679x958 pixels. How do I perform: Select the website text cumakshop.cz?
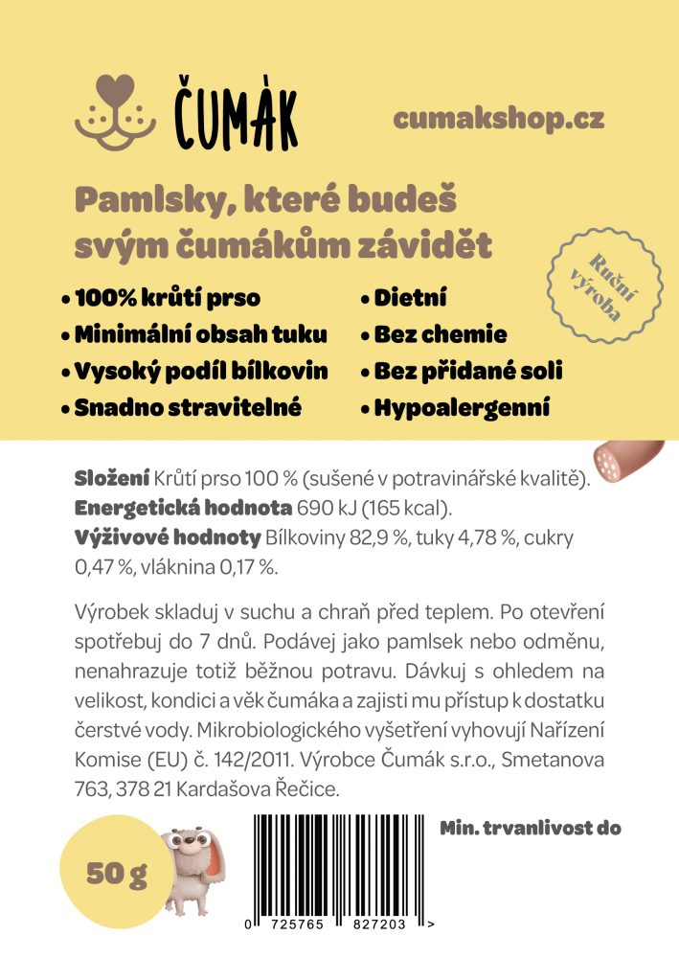[498, 120]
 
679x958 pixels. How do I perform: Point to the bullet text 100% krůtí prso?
[167, 299]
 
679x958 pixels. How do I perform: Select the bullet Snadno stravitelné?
[188, 408]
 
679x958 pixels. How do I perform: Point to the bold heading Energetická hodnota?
[184, 508]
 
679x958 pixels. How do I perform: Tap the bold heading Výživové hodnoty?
[167, 537]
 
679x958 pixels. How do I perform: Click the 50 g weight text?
[116, 874]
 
